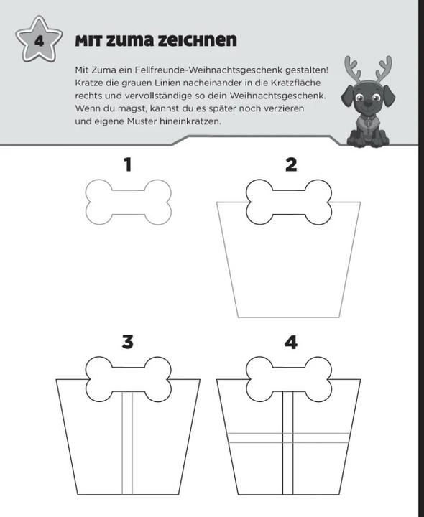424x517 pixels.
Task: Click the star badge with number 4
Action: (x=39, y=39)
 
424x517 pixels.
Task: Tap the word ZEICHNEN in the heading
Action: (x=197, y=40)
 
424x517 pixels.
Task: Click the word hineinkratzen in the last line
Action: (x=190, y=121)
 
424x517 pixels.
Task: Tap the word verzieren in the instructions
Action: (x=285, y=108)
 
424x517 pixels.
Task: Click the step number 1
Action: (x=128, y=164)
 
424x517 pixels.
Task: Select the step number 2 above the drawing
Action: (x=291, y=164)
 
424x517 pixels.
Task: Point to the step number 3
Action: (x=128, y=342)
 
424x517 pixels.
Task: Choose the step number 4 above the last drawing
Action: (x=291, y=343)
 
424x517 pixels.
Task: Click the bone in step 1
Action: (x=129, y=202)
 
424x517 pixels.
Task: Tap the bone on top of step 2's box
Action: (x=289, y=202)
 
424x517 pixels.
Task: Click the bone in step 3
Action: (x=129, y=380)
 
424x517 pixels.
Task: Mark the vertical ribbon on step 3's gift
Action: (x=127, y=443)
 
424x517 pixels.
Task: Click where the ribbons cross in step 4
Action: (x=287, y=438)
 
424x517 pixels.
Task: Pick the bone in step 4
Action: (x=289, y=380)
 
